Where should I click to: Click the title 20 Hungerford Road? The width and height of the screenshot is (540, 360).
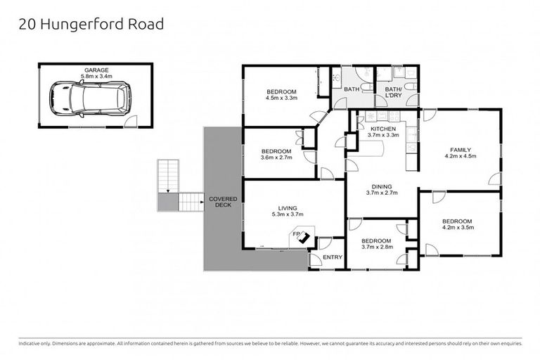(90, 25)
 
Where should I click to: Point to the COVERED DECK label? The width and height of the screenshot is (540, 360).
(223, 202)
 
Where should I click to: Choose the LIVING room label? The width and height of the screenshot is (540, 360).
(288, 208)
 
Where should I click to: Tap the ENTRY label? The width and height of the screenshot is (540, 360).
(332, 257)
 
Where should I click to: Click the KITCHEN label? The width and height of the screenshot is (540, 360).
(383, 129)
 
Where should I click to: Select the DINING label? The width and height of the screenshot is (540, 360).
(382, 186)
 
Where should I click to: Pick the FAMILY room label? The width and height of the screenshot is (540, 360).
(461, 150)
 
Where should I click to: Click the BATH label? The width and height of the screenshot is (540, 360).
(352, 89)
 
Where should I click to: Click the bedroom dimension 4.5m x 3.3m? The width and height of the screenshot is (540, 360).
(281, 98)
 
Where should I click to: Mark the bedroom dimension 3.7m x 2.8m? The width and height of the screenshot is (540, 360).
(376, 247)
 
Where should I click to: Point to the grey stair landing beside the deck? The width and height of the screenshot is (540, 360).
(167, 202)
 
